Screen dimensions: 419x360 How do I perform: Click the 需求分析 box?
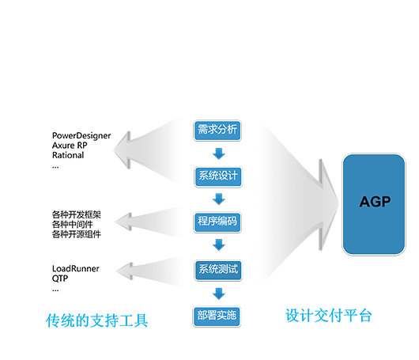point(217,131)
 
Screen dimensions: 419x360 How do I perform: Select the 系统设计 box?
point(218,176)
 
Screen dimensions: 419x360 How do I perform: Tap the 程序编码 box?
point(217,222)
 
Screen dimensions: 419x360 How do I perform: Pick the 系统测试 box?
point(218,270)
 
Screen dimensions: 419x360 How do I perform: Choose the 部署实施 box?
point(217,316)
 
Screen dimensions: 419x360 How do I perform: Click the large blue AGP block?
point(374,204)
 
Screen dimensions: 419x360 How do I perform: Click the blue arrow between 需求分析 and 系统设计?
point(219,153)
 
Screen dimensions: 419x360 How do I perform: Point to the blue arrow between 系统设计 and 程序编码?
point(219,199)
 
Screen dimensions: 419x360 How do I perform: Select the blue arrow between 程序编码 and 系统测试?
point(219,244)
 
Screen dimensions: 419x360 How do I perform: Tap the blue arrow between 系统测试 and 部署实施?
point(219,294)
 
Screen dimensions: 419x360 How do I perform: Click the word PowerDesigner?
point(81,136)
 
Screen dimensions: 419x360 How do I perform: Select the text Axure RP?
point(70,146)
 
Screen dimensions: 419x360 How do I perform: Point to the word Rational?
point(68,155)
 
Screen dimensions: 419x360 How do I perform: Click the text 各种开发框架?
point(77,214)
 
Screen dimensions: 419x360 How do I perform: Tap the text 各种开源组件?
point(77,234)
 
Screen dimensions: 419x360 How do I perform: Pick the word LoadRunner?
point(76,268)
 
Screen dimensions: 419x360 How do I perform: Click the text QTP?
point(60,279)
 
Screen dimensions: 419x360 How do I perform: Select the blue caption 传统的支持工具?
point(96,320)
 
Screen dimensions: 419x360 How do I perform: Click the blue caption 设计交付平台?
point(329,316)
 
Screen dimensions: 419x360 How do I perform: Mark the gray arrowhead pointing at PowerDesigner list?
point(123,150)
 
